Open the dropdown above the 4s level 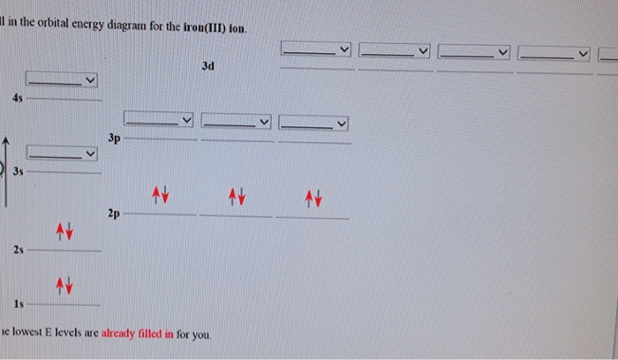tap(62, 79)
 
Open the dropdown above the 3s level tap(62, 153)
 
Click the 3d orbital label tap(208, 66)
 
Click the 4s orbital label tap(18, 98)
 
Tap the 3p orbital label tap(114, 139)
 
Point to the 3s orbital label tap(19, 171)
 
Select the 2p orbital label tap(114, 214)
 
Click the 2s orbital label tap(19, 250)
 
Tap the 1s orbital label tap(19, 304)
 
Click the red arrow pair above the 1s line tap(64, 286)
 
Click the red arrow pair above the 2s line tap(64, 231)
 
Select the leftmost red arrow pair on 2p tap(161, 195)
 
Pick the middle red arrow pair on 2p tap(237, 197)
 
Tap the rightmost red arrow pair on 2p tap(313, 199)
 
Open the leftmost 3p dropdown tap(158, 119)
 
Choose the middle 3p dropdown tap(236, 121)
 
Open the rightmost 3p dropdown tap(313, 123)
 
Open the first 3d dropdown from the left tap(316, 49)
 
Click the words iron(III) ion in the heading tap(215, 28)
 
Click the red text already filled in tap(138, 334)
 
